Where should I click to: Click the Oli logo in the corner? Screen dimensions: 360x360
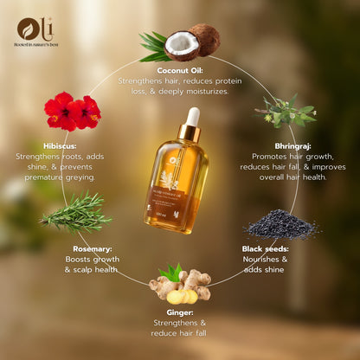31,29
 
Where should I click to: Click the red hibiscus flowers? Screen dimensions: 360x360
72,111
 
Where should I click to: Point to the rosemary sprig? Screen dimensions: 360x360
76,213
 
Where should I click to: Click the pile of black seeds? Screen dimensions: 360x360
280,224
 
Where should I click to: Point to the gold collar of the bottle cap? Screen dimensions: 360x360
190,135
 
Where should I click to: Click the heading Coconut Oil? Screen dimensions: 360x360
181,70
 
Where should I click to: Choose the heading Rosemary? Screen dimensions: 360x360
92,248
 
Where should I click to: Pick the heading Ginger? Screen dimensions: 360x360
180,313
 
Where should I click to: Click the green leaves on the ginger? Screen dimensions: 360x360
170,272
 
